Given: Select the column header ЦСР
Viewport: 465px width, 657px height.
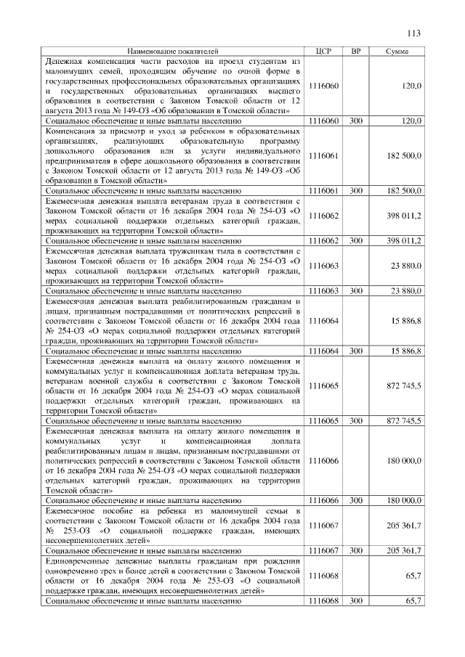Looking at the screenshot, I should [x=324, y=52].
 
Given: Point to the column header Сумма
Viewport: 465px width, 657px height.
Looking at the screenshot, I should [x=397, y=52].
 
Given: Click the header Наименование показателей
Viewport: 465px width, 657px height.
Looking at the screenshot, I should [x=172, y=52].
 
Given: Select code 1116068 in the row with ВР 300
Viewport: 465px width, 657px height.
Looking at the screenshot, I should [x=324, y=601].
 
